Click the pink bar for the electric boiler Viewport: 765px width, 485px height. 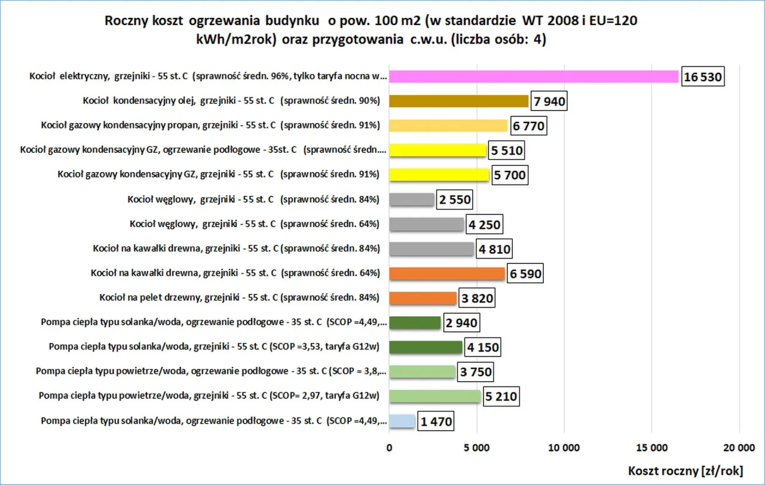point(534,77)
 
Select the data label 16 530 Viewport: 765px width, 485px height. point(703,77)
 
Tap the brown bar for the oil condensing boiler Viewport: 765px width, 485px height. point(458,101)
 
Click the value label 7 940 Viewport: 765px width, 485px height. point(547,102)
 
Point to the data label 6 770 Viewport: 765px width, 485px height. point(527,127)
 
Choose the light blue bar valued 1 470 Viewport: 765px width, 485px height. point(402,421)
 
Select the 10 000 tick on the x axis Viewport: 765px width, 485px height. point(564,447)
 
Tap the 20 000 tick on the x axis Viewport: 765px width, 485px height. point(739,447)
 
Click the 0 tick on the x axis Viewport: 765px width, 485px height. point(389,447)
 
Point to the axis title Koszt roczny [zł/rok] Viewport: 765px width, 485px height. point(685,471)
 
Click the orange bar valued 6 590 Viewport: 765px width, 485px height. point(447,274)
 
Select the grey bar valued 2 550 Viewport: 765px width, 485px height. point(411,199)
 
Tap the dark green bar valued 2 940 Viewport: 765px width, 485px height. point(415,323)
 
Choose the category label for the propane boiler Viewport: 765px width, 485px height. point(209,125)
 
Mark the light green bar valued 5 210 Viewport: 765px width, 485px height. point(434,395)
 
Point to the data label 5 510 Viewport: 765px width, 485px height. point(506,151)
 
